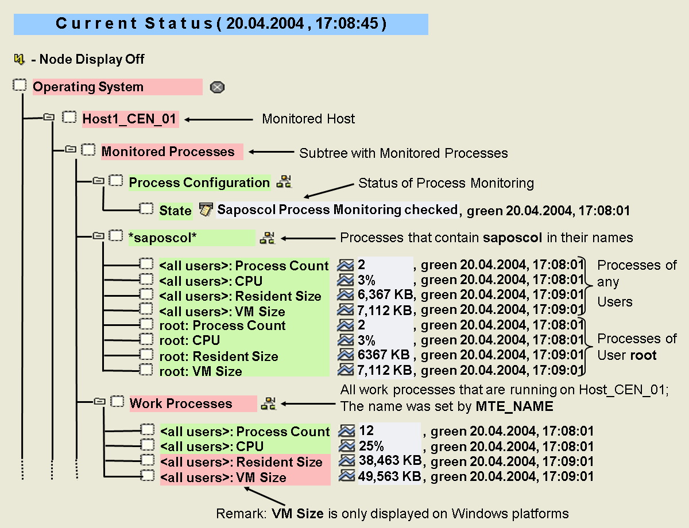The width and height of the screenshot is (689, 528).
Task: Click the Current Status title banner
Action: (221, 24)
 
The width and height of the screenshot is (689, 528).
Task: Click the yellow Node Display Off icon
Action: (20, 59)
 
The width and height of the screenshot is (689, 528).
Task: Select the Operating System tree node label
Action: (88, 87)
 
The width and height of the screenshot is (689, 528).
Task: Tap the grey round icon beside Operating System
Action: (217, 87)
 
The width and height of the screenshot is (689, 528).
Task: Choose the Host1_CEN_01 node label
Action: (130, 119)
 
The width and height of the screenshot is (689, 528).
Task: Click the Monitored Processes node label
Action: (168, 152)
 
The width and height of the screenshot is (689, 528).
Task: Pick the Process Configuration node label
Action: (199, 183)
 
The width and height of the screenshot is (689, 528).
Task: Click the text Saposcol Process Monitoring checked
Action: (337, 210)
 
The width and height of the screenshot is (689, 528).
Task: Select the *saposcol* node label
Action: (162, 238)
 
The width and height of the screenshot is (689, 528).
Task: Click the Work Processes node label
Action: (181, 403)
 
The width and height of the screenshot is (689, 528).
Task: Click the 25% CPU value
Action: (371, 447)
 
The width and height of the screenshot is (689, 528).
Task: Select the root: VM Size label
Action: (201, 371)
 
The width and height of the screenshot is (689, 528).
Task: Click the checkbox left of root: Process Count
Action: (147, 325)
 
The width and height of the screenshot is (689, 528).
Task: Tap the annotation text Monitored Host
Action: (308, 119)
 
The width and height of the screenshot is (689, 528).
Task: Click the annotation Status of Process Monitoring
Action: (446, 183)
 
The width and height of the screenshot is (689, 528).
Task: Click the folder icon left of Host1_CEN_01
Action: (49, 118)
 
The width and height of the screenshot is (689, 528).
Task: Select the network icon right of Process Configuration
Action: (284, 183)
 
